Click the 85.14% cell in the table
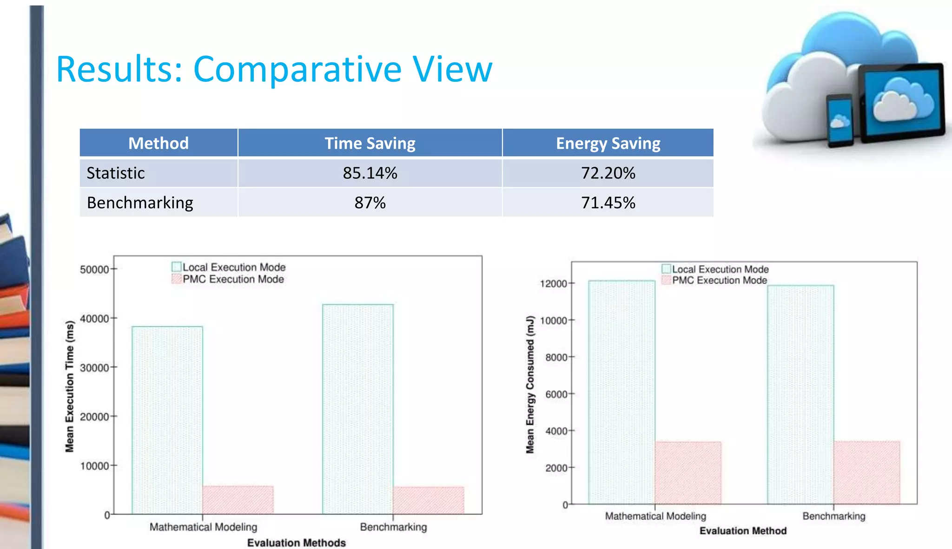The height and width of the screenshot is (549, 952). click(370, 173)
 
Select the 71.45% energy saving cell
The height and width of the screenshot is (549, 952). click(608, 203)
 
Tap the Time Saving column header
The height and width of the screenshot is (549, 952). click(370, 143)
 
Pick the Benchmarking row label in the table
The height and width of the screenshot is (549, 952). click(140, 203)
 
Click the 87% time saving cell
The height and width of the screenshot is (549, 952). click(370, 203)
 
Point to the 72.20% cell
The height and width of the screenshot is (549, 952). click(608, 173)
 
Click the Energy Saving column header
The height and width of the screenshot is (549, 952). click(608, 143)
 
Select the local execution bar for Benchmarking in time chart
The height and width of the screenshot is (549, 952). click(358, 409)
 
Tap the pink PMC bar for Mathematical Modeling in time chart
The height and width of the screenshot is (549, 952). click(238, 500)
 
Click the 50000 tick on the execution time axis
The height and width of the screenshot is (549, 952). click(94, 269)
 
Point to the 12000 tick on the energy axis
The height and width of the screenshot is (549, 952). click(554, 283)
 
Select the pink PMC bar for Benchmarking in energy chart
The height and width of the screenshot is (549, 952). click(866, 472)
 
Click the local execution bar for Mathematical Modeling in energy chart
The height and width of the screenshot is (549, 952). click(621, 392)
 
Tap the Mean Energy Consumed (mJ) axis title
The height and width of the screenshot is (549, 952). click(530, 385)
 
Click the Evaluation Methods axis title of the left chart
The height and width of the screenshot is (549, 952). click(297, 542)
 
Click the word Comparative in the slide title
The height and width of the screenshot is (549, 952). click(297, 70)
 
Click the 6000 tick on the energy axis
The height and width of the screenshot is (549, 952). click(556, 394)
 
